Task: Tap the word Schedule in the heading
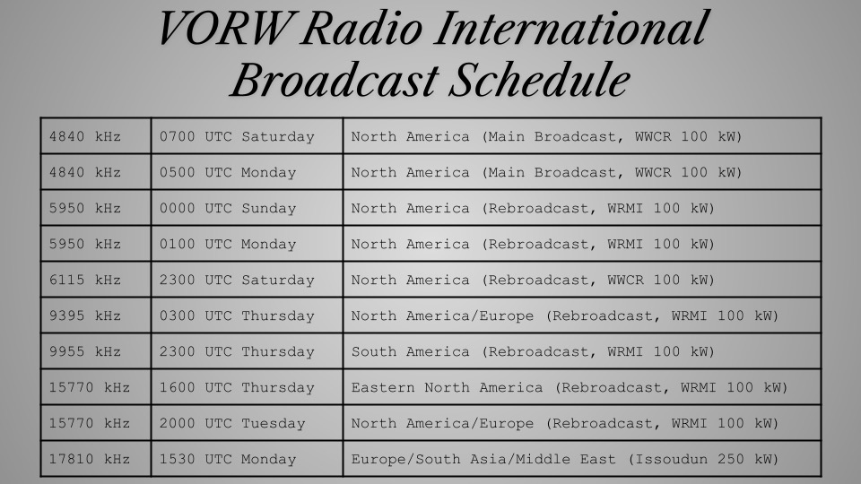(539, 80)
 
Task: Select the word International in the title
(571, 28)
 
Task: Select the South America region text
(411, 351)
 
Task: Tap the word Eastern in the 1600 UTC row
(383, 387)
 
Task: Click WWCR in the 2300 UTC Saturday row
(625, 280)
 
